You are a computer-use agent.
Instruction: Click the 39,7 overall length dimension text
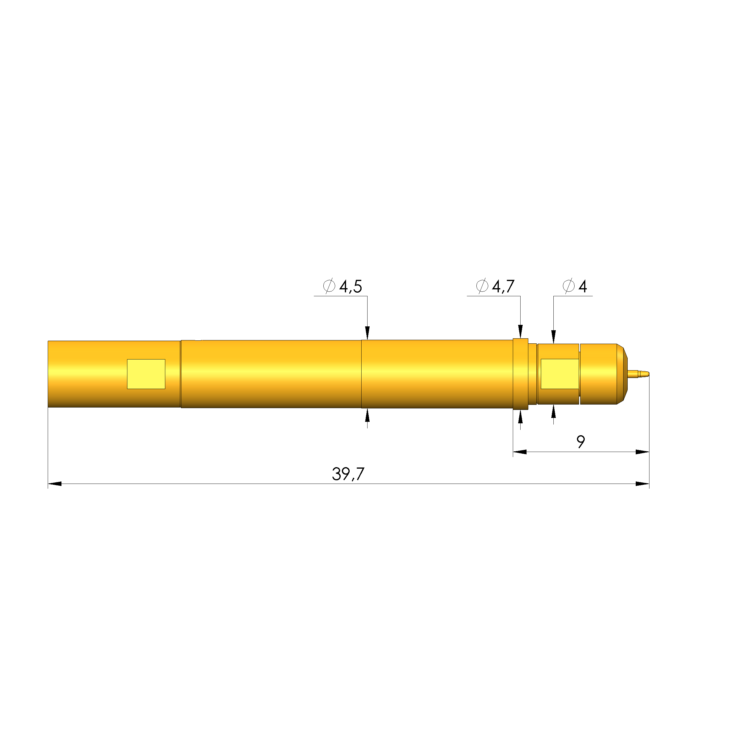click(348, 474)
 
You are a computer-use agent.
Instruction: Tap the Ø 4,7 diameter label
click(495, 286)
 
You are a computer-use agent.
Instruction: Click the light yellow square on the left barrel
click(146, 374)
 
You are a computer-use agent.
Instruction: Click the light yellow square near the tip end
click(559, 374)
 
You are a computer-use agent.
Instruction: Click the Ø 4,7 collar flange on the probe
click(521, 374)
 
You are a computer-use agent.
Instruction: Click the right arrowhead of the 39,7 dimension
click(642, 484)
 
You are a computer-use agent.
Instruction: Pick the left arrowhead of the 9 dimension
click(520, 452)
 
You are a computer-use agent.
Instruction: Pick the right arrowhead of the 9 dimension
click(642, 452)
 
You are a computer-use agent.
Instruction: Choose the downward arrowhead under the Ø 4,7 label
click(521, 332)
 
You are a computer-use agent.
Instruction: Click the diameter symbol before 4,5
click(329, 286)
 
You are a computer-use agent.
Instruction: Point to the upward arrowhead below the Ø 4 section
click(554, 411)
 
